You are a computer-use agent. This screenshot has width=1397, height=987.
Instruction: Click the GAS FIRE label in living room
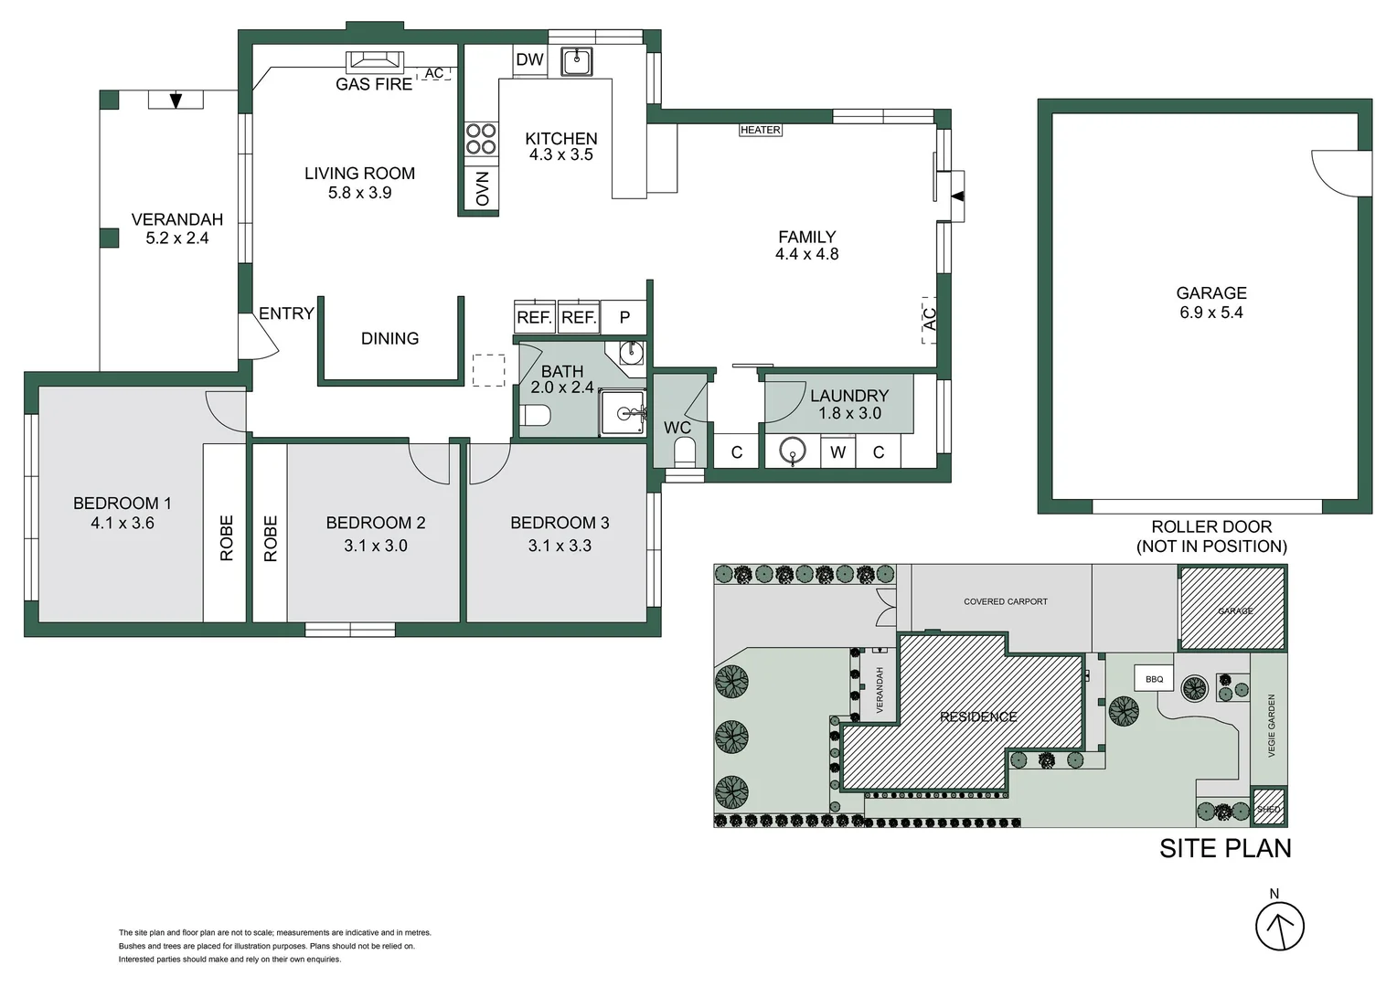tap(374, 84)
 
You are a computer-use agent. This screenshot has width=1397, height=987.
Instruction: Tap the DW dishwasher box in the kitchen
tap(529, 60)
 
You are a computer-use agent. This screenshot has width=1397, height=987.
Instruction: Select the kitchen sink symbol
tap(577, 61)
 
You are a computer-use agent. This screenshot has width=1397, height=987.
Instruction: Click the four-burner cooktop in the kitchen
tap(481, 139)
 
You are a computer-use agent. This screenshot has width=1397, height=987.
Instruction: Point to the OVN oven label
tap(482, 189)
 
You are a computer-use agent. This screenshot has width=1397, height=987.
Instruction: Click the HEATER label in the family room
tap(760, 130)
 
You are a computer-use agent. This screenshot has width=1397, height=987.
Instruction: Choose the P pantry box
tap(624, 317)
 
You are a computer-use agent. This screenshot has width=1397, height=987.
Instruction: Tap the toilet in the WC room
tap(684, 451)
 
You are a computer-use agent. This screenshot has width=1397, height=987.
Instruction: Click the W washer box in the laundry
tap(837, 451)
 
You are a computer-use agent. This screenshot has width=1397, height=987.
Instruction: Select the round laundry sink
tap(792, 451)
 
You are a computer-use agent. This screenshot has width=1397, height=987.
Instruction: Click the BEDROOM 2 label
tap(375, 523)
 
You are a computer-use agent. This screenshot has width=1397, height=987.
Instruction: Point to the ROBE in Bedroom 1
tap(226, 537)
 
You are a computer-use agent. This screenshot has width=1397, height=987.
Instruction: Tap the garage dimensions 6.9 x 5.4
tap(1210, 313)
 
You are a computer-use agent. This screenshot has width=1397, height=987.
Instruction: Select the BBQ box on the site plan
tap(1154, 679)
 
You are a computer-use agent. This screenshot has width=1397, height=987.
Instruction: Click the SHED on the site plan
tap(1268, 809)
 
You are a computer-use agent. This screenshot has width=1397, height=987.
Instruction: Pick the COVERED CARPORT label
tap(1005, 601)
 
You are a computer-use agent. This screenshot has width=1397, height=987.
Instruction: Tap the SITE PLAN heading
tap(1225, 848)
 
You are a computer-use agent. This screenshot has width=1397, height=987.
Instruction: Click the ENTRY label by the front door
tap(286, 313)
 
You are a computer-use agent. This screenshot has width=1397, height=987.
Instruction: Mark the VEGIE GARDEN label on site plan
tap(1271, 726)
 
